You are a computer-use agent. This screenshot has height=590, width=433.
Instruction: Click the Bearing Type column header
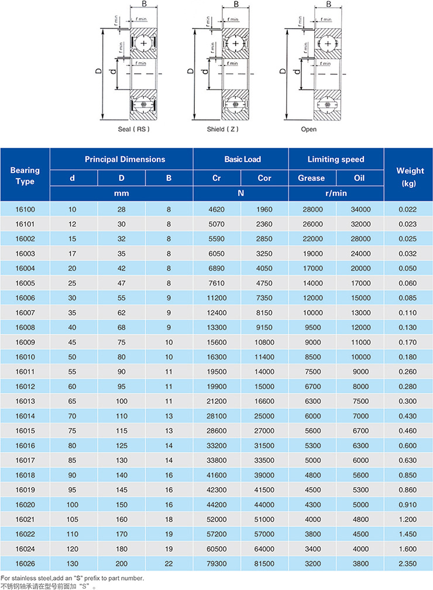pyautogui.click(x=25, y=176)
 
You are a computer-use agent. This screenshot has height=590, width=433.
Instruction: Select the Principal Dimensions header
pyautogui.click(x=125, y=159)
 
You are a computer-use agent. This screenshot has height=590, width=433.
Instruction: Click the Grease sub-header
pyautogui.click(x=312, y=178)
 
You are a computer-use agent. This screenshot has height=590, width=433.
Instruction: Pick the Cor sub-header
pyautogui.click(x=264, y=178)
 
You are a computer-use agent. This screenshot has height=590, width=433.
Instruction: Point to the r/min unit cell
pyautogui.click(x=336, y=193)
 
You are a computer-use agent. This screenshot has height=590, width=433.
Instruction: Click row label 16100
pyautogui.click(x=25, y=209)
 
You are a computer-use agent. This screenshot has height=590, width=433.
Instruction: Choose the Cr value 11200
pyautogui.click(x=216, y=297)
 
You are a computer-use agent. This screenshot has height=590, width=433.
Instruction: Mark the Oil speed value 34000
pyautogui.click(x=360, y=209)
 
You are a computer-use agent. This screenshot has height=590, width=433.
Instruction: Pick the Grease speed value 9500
pyautogui.click(x=312, y=327)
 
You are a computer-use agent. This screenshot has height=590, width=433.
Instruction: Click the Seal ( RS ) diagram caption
pyautogui.click(x=134, y=129)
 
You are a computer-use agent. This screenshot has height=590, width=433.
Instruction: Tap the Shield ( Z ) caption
pyautogui.click(x=222, y=129)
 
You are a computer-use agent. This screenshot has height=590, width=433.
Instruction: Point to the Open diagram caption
pyautogui.click(x=308, y=129)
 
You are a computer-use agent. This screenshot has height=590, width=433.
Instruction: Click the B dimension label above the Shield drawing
pyautogui.click(x=236, y=4)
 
